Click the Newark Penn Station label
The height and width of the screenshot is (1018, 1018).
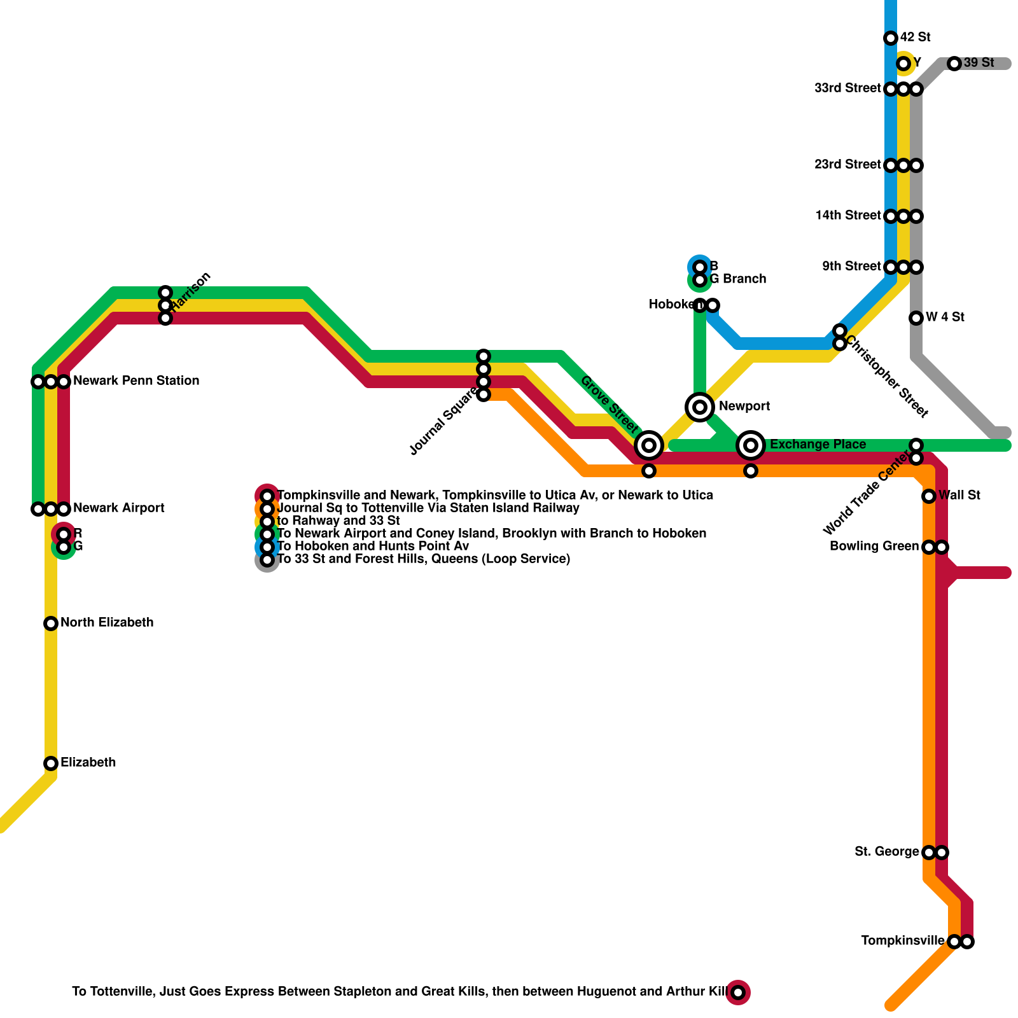(136, 381)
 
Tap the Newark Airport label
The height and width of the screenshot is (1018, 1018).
(119, 508)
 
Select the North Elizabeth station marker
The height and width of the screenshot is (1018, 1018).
(51, 624)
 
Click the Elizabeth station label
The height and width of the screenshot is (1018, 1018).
(88, 763)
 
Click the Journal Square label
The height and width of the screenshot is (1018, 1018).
(443, 424)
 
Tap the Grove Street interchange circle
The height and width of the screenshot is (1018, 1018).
(649, 445)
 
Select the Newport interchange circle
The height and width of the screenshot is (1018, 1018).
(700, 407)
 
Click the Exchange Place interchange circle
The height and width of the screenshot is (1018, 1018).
(751, 445)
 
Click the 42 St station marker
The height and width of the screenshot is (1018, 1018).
(891, 38)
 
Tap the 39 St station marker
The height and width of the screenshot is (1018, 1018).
(954, 64)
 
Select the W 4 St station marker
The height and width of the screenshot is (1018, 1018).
(916, 318)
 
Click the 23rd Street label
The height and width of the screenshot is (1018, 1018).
(847, 165)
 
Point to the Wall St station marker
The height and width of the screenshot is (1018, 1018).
(929, 496)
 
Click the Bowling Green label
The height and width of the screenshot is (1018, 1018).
(874, 547)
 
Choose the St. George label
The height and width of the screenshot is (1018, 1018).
(887, 852)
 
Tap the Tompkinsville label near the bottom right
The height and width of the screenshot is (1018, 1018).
(903, 941)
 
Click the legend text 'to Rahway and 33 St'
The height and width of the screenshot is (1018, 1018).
(338, 521)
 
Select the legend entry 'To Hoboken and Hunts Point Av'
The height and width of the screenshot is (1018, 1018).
(373, 547)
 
